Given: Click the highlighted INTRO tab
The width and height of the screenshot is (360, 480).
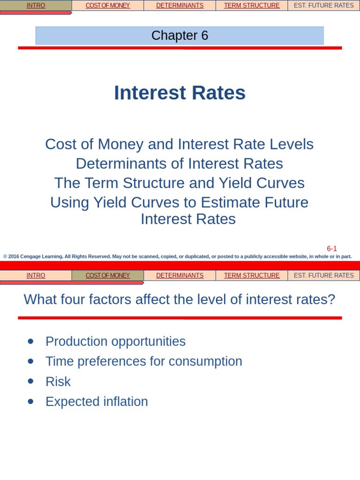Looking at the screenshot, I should (36, 6).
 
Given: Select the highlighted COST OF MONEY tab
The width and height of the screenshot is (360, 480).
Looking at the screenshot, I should (108, 276).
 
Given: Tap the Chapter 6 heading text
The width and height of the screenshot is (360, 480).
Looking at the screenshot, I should (180, 36).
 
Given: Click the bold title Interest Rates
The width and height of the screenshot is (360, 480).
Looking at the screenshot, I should (180, 93).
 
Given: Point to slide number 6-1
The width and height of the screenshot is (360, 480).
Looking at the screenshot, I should (332, 249).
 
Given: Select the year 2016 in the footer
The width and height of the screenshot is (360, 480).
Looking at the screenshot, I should (14, 256).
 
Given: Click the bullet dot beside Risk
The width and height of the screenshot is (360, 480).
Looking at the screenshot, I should (31, 382).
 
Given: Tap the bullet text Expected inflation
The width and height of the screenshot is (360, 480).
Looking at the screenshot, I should (97, 402).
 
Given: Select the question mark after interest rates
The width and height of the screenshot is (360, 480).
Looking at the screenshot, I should (332, 300).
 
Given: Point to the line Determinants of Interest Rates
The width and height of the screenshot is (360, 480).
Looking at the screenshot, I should (180, 164).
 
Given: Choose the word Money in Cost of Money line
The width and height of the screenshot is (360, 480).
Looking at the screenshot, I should (121, 144).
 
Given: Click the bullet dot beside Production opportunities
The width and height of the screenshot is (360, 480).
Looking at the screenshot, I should (31, 342).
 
